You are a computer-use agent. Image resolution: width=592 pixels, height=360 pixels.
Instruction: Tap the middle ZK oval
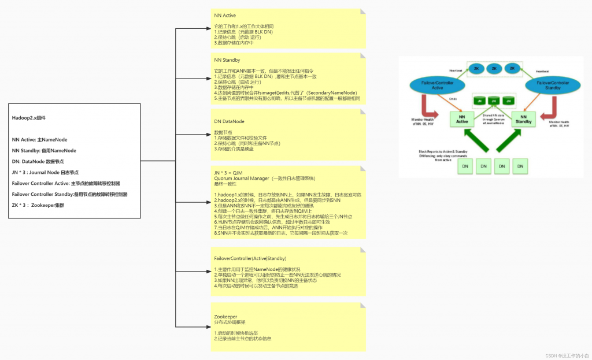[x=494, y=68]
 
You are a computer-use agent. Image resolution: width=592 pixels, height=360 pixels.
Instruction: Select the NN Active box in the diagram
[x=461, y=118]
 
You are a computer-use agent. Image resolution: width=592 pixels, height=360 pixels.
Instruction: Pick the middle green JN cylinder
[x=494, y=101]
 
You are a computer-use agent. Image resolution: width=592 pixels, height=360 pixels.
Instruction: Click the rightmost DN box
[x=521, y=166]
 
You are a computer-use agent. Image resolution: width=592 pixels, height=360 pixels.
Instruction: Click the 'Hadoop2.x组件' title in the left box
[x=29, y=117]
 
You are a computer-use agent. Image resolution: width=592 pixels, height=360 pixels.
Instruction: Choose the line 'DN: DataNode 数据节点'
[x=44, y=161]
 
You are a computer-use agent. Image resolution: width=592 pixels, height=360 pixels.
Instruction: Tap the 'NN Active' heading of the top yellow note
[x=225, y=15]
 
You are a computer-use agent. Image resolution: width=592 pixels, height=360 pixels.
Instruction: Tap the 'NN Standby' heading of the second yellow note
[x=227, y=60]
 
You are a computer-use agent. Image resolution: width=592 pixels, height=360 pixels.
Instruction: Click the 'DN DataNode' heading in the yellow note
[x=229, y=121]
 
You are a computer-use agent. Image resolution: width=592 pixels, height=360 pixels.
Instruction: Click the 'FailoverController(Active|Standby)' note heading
[x=250, y=258]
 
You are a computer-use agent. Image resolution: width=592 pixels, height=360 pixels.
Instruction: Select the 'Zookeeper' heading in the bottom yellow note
[x=225, y=317]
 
